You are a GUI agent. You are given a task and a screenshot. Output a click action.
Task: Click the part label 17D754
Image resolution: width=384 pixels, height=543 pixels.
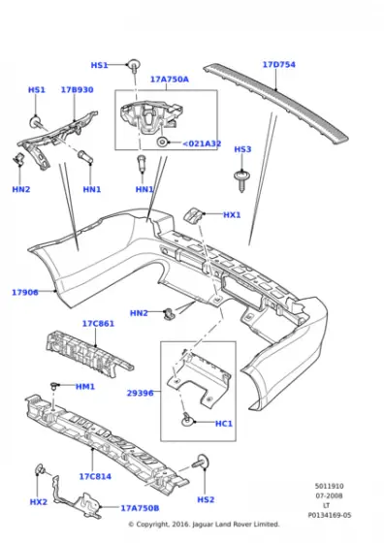pyautogui.click(x=278, y=65)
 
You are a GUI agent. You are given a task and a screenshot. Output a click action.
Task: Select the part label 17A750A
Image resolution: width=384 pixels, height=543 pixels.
pyautogui.click(x=170, y=80)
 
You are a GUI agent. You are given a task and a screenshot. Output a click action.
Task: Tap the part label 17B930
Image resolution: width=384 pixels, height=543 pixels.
pyautogui.click(x=77, y=90)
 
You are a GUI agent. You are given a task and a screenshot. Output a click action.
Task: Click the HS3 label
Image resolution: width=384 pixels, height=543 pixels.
pyautogui.click(x=242, y=149)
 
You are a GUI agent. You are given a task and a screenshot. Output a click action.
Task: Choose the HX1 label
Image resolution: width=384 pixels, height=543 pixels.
pyautogui.click(x=232, y=215)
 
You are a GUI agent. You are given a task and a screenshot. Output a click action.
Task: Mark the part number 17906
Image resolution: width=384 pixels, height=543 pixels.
pyautogui.click(x=25, y=292)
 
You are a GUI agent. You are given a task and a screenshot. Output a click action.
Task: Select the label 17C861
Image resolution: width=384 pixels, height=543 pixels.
pyautogui.click(x=98, y=323)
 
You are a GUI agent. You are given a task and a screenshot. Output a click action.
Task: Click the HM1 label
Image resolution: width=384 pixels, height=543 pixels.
pyautogui.click(x=85, y=387)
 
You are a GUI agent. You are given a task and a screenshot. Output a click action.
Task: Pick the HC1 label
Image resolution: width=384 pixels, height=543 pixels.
pyautogui.click(x=222, y=423)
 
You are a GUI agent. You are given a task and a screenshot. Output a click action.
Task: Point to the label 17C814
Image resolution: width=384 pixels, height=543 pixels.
pyautogui.click(x=96, y=476)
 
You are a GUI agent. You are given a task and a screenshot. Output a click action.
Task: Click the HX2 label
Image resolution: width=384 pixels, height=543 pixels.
pyautogui.click(x=38, y=501)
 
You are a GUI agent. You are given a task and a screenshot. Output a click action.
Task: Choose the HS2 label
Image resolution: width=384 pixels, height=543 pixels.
pyautogui.click(x=206, y=499)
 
